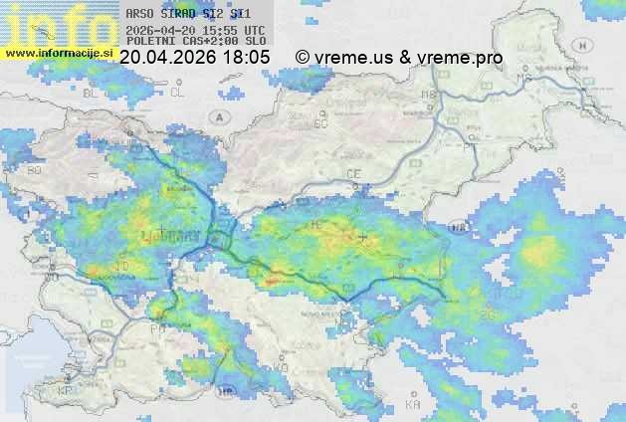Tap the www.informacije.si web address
(59, 52)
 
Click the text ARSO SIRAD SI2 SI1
(188, 15)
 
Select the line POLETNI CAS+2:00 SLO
(195, 42)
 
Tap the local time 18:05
(245, 58)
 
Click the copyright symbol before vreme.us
(303, 58)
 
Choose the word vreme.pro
(460, 58)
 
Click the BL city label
(95, 92)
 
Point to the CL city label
(177, 92)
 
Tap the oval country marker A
(218, 116)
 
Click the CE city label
(353, 174)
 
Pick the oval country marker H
(459, 228)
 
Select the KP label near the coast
(66, 392)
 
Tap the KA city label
(413, 405)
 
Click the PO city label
(157, 327)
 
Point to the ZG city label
(487, 316)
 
